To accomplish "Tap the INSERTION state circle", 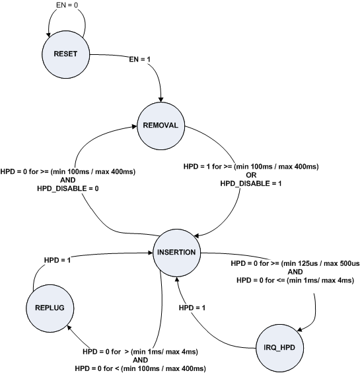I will [x=176, y=252].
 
